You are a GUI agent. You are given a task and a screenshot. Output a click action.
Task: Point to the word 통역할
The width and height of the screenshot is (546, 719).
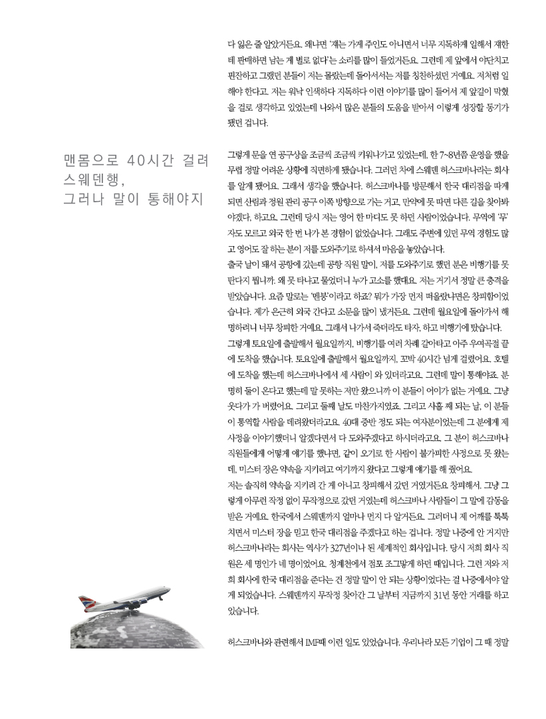pos(251,421)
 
